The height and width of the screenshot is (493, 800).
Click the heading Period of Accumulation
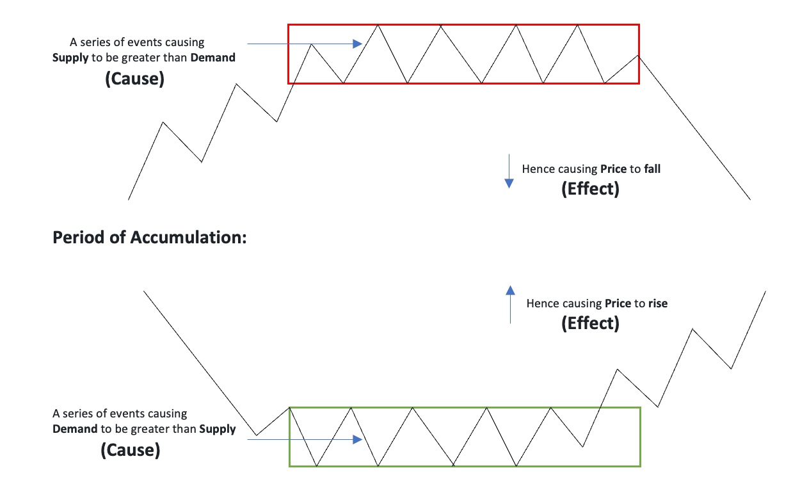pos(150,238)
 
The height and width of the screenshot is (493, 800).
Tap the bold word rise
pos(658,303)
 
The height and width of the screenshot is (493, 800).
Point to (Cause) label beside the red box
pos(134,80)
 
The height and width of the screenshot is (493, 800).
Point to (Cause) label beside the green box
pos(131,450)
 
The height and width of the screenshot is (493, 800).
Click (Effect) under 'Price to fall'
pos(590,190)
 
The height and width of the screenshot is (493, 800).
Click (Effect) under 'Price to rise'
pos(590,323)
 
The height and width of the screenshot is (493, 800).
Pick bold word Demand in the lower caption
pos(75,429)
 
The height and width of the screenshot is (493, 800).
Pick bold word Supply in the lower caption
pos(218,429)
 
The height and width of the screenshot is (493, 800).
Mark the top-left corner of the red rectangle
pos(289,25)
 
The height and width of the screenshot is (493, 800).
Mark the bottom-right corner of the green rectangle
pos(639,465)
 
